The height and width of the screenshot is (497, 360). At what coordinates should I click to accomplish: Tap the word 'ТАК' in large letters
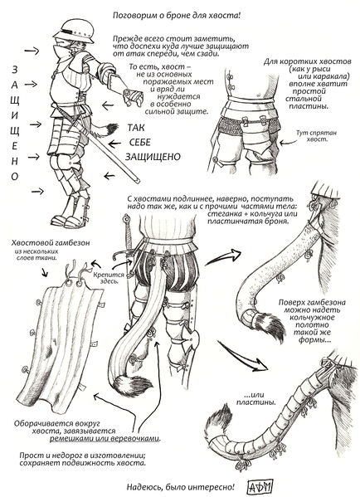[x=140, y=127]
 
